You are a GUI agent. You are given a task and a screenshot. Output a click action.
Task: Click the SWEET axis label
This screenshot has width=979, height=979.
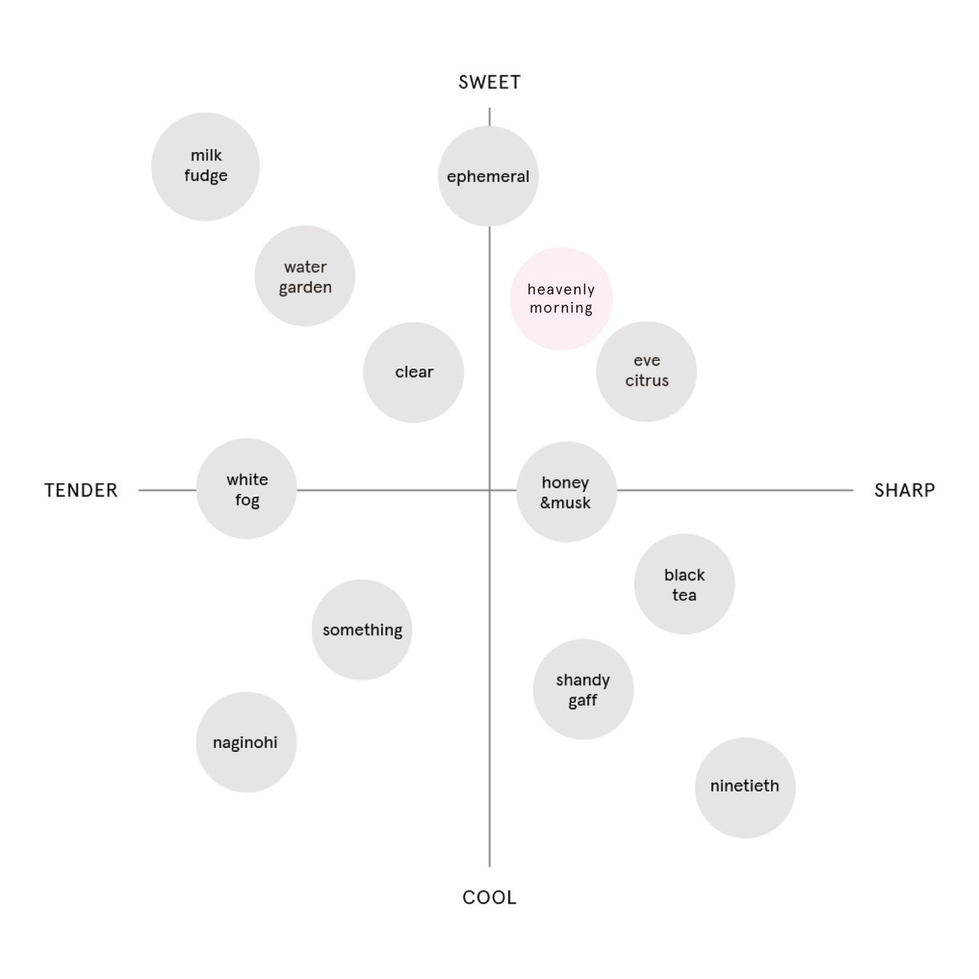click(489, 83)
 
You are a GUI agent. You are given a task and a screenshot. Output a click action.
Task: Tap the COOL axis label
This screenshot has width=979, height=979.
click(489, 898)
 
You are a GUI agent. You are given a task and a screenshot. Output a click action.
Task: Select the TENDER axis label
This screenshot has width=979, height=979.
click(80, 491)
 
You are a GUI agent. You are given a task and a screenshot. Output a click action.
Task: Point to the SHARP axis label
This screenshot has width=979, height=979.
click(904, 491)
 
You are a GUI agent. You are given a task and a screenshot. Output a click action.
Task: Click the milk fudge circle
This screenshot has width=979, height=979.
click(205, 167)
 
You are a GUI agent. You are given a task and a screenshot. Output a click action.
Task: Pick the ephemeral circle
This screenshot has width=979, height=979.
click(488, 176)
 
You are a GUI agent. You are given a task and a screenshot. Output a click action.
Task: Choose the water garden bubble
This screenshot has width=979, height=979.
click(305, 276)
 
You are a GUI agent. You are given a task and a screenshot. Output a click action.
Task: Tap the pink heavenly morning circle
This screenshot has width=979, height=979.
click(561, 299)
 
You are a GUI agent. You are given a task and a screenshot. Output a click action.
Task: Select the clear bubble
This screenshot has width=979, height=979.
click(413, 372)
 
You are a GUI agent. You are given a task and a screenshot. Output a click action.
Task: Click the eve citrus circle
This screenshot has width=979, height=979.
click(646, 371)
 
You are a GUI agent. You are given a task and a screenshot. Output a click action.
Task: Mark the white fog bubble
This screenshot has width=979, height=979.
click(247, 489)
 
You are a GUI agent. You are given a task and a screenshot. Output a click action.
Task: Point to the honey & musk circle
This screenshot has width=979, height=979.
click(566, 492)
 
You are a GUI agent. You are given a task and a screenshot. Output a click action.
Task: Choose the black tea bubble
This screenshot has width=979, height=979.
click(684, 584)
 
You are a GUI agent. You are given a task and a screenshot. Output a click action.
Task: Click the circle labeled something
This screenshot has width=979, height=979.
click(362, 629)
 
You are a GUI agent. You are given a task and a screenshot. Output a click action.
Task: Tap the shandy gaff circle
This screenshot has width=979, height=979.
click(583, 690)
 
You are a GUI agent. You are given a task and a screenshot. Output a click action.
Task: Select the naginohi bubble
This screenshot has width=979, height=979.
click(246, 742)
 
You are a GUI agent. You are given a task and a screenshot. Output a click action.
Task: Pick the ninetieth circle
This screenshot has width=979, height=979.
click(745, 788)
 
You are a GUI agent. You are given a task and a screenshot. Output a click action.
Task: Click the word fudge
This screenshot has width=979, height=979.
click(206, 176)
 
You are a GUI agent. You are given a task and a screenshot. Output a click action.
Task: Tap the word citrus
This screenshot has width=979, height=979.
click(647, 381)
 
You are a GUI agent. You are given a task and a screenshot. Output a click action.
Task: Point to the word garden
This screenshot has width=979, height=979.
click(305, 288)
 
